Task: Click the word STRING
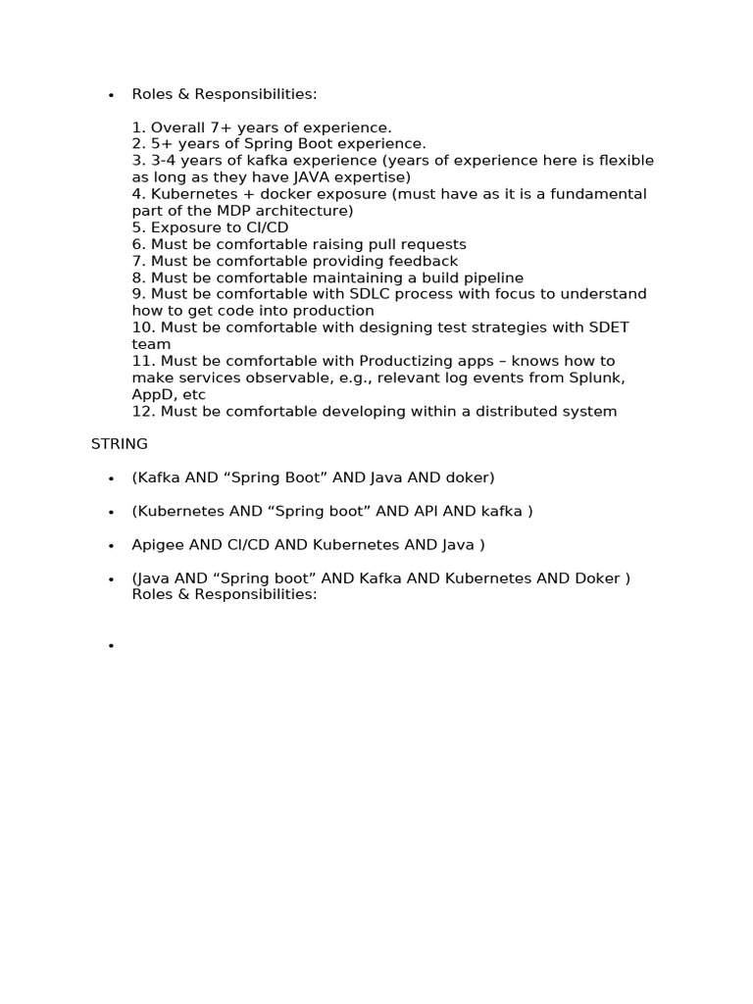120,444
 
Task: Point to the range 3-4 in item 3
167,161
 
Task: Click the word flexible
625,161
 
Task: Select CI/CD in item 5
259,227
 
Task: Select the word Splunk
598,377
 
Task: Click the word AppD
152,394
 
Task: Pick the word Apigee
157,544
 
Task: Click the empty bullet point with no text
112,646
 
